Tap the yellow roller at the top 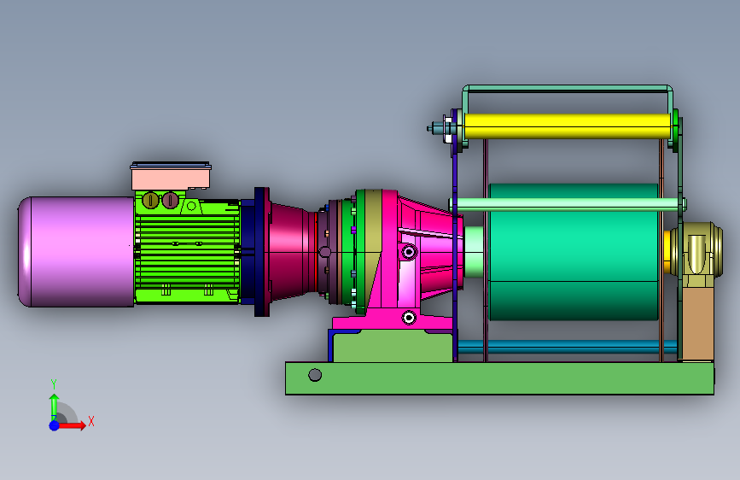567,126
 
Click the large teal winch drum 574,252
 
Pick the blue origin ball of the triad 55,425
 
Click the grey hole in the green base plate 315,375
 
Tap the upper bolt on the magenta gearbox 409,252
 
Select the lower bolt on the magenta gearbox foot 409,318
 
